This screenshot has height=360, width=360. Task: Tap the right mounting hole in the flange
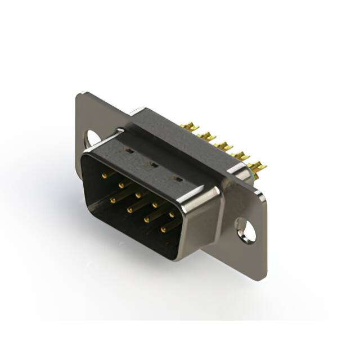(246, 230)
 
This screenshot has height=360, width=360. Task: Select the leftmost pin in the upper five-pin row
(105, 175)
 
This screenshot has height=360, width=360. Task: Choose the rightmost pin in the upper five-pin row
(172, 214)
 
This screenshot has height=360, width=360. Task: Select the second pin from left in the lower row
(130, 209)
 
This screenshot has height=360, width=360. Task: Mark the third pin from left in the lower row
(147, 219)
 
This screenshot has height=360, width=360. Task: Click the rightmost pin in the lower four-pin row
(164, 229)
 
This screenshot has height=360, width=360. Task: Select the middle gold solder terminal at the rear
(224, 145)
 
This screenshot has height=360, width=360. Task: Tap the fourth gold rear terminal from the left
(241, 155)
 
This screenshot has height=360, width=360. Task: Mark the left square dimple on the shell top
(129, 151)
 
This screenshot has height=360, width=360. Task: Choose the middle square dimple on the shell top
(151, 164)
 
